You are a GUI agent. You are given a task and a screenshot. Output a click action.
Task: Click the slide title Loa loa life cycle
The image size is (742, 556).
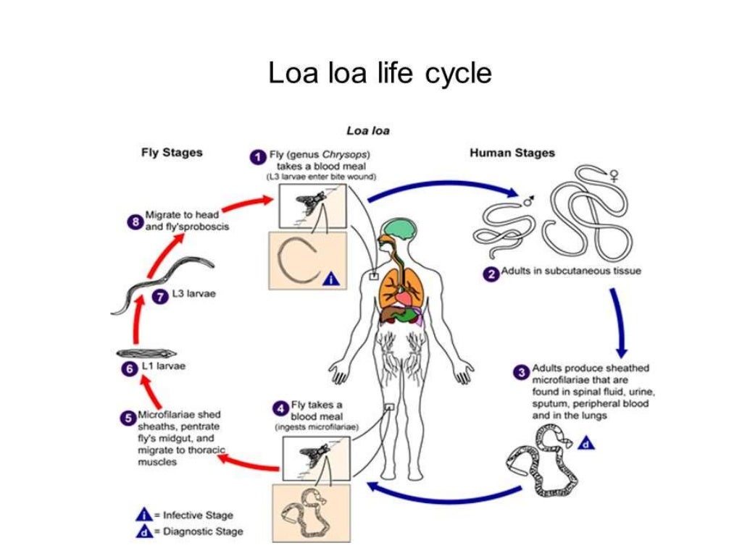click(x=380, y=73)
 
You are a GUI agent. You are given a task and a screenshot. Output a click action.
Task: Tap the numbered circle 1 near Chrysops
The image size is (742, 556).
click(x=257, y=156)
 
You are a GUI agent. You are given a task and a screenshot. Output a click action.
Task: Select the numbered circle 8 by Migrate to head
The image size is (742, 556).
click(x=134, y=221)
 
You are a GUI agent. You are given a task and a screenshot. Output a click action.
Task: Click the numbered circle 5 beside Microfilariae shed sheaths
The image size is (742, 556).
click(x=128, y=417)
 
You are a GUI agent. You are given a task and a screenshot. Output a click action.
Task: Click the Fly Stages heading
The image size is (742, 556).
click(x=171, y=153)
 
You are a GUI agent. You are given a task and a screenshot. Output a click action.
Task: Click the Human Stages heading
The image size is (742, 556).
click(x=512, y=153)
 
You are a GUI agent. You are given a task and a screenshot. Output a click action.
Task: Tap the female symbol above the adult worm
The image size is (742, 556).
click(x=614, y=174)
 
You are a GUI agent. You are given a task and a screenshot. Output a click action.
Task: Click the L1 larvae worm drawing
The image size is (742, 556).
click(x=145, y=353)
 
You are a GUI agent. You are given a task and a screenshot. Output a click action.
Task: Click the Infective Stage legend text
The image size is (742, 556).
click(x=198, y=515)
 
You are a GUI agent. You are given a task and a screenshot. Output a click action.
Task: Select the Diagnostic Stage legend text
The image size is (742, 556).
click(x=202, y=531)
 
